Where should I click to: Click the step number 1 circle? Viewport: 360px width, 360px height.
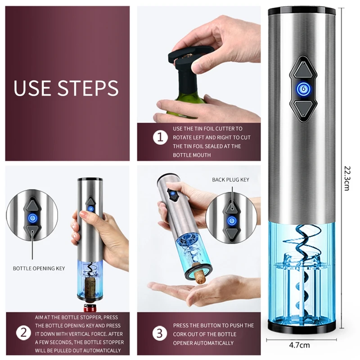click(x=161, y=138)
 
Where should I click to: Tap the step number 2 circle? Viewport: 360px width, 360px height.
click(x=24, y=333)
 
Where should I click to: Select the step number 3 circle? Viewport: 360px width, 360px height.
click(x=160, y=333)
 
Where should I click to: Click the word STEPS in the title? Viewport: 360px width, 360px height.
click(x=88, y=88)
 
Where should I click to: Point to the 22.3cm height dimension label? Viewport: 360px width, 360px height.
click(x=347, y=178)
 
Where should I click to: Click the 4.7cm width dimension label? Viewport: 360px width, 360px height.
click(x=299, y=345)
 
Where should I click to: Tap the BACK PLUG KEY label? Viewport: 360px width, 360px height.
click(x=230, y=180)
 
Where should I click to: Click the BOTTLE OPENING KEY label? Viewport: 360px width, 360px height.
click(x=39, y=268)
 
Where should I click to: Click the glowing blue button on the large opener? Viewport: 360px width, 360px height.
click(x=303, y=89)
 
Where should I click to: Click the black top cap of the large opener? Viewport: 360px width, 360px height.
click(x=301, y=11)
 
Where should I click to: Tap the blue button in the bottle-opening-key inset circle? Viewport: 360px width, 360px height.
click(x=32, y=217)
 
